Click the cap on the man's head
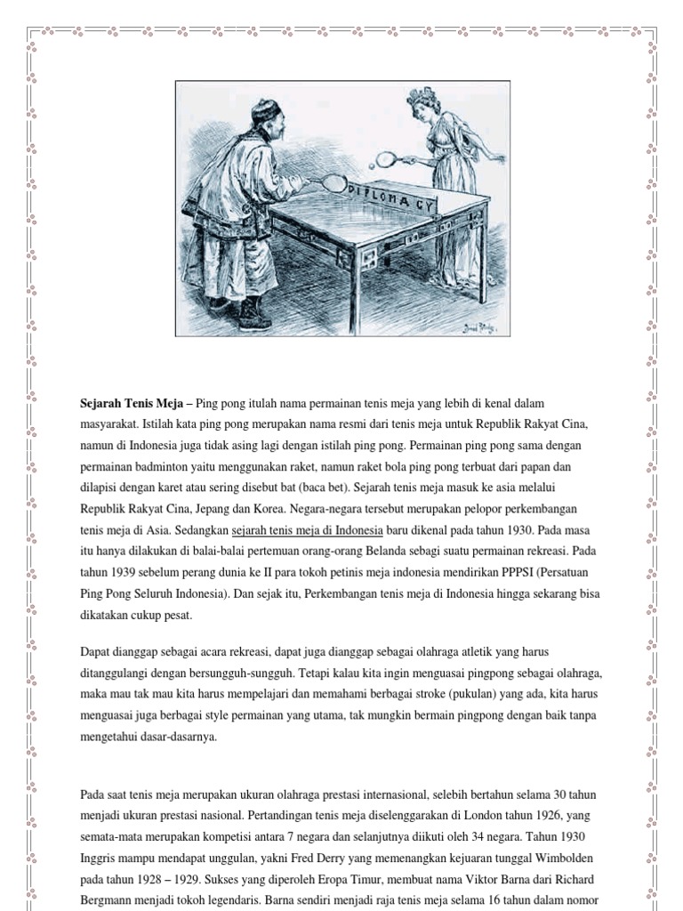263,115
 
